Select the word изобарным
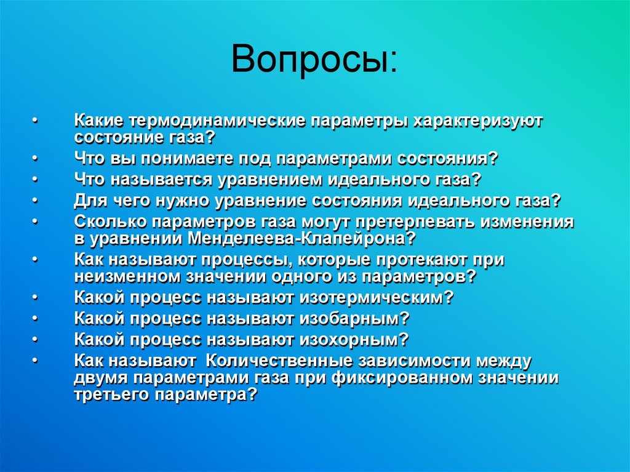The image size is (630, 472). click(x=354, y=318)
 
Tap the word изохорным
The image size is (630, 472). click(x=354, y=338)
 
